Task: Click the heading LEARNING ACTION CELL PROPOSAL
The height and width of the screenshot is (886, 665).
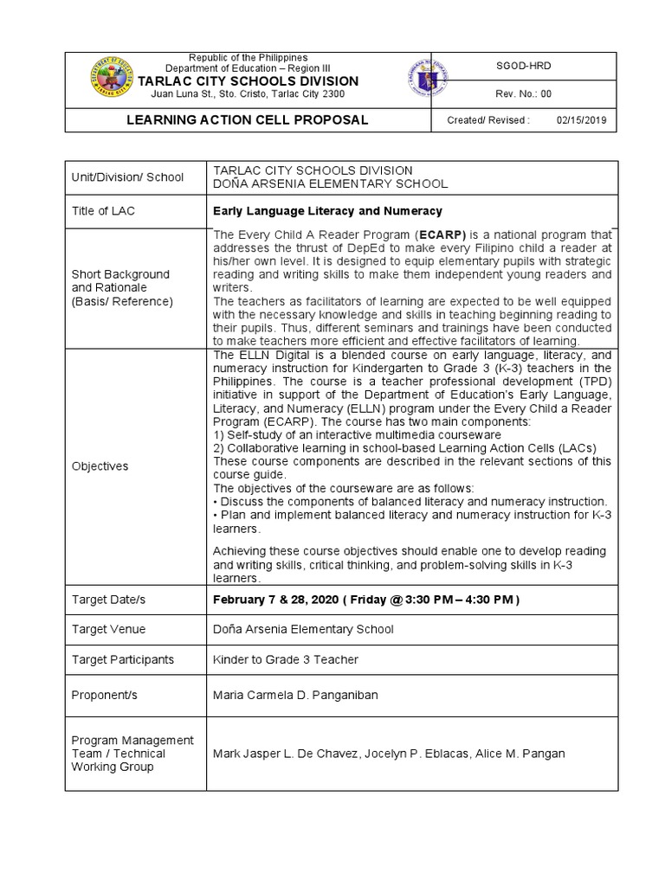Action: (x=248, y=119)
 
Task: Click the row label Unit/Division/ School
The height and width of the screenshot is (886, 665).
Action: (x=127, y=177)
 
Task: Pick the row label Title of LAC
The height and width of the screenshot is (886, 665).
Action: (x=103, y=211)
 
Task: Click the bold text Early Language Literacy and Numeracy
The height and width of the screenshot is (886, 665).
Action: (x=327, y=211)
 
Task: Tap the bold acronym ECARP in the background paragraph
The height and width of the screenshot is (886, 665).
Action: (x=443, y=235)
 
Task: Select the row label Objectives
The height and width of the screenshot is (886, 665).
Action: (x=100, y=466)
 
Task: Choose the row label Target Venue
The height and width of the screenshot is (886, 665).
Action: (x=108, y=629)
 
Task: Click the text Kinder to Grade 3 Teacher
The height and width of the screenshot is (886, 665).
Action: (x=286, y=659)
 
